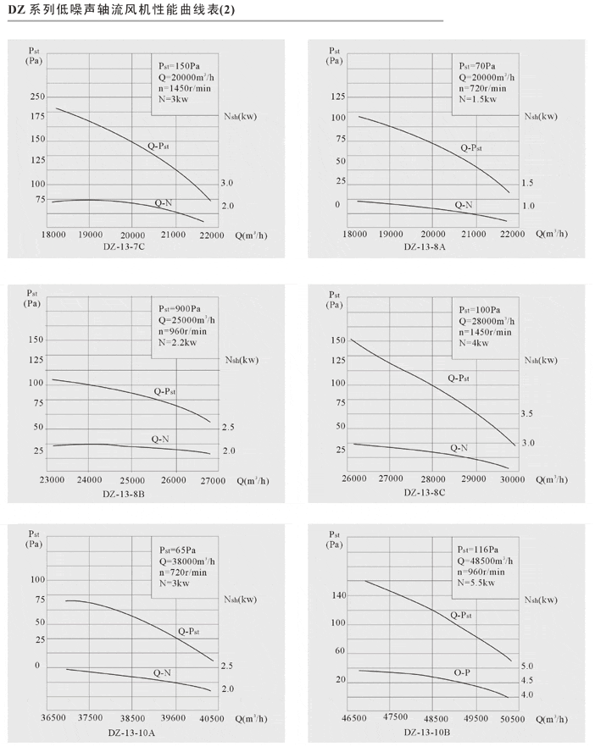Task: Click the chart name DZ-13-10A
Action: (x=131, y=732)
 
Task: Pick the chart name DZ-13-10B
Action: (x=427, y=732)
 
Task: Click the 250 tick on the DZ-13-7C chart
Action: (x=36, y=96)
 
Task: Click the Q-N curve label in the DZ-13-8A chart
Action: (x=464, y=205)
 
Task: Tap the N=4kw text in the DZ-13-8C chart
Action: (x=475, y=343)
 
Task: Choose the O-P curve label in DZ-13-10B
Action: (x=462, y=672)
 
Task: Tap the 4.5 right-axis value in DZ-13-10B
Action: (x=527, y=680)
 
